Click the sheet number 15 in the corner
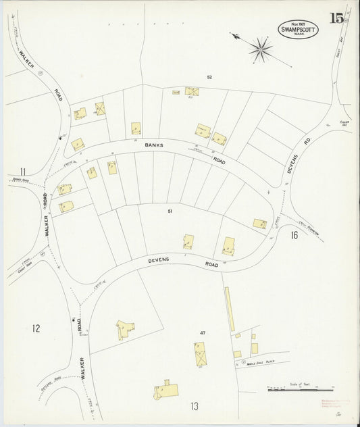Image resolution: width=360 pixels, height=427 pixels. coord(336,18)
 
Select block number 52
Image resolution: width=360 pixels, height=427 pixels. coord(209,77)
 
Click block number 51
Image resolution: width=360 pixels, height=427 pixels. coord(170,211)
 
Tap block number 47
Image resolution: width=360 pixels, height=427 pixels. coord(202,333)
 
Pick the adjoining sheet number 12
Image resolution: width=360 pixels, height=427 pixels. coord(36,328)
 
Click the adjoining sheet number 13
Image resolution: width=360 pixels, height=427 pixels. coord(194,406)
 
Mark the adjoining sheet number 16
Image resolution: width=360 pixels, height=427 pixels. coord(294,235)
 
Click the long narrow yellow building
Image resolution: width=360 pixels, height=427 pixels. coord(229,309)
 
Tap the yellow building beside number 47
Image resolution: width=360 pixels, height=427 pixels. coord(199,352)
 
